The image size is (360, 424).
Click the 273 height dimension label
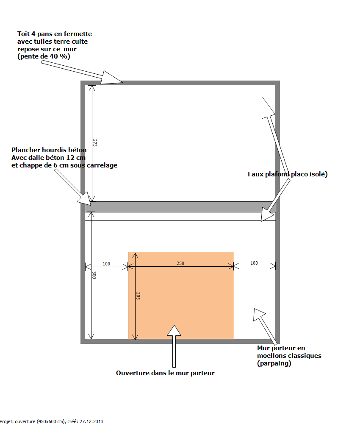(x=95, y=144)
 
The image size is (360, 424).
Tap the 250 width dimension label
(x=180, y=263)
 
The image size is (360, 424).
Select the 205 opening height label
(x=138, y=296)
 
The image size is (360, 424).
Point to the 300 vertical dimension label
(x=94, y=275)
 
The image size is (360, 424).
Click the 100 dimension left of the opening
(x=106, y=264)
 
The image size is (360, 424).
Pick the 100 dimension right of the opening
(x=254, y=263)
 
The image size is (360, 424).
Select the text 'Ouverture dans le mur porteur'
(x=165, y=373)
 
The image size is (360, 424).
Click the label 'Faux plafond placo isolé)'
(x=288, y=174)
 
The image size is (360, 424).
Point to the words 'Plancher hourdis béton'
(x=49, y=150)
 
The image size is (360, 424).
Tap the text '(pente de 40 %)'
(x=44, y=56)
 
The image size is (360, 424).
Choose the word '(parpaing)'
(x=274, y=363)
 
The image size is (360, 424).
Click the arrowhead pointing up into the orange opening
(x=173, y=331)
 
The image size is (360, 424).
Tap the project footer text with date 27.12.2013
(x=52, y=421)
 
